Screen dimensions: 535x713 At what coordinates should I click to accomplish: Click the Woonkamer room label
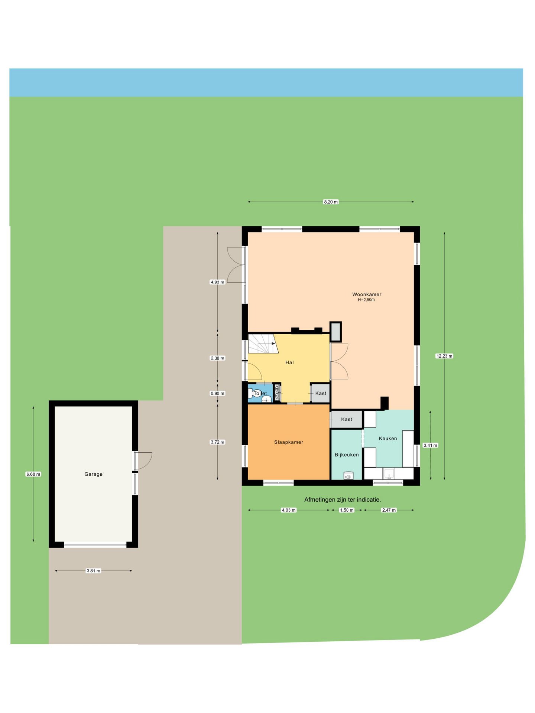point(367,294)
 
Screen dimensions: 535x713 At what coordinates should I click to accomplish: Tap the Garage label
point(93,474)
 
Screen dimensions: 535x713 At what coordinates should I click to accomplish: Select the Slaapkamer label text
point(289,442)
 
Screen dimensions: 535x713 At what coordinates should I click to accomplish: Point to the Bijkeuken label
point(347,455)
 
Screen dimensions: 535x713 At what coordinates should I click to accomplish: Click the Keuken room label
point(388,439)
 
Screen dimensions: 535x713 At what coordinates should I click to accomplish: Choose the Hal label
point(289,362)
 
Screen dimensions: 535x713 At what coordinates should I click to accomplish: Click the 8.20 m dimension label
point(331,202)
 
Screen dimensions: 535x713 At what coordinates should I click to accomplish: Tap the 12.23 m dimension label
point(444,356)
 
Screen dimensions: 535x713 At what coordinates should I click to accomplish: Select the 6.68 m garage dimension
point(33,474)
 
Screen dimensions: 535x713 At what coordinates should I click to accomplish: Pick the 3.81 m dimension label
point(93,571)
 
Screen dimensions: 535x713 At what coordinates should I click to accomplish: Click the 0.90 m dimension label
point(217,394)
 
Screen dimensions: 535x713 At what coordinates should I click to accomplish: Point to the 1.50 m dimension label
point(347,510)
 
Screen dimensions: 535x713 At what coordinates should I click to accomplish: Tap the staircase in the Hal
point(263,344)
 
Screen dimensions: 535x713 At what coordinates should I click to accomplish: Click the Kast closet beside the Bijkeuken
point(347,420)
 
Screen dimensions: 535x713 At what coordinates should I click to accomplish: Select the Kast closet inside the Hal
point(320,393)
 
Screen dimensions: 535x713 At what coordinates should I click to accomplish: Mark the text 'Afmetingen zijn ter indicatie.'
point(343,500)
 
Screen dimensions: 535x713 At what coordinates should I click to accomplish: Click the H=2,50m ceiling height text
point(366,300)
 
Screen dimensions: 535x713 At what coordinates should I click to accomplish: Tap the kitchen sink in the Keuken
point(389,474)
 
